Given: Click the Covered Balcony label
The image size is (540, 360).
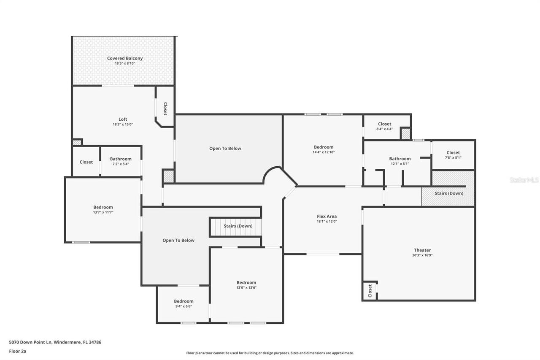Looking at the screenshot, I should (124, 58).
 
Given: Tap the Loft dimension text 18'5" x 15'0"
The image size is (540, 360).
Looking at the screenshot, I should (123, 125).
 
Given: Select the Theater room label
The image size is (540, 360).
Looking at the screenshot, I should (422, 250).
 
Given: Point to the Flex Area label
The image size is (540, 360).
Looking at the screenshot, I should (327, 217).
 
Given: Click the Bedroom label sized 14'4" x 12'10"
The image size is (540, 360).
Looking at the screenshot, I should (323, 147).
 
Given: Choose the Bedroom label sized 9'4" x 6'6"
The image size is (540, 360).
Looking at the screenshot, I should (184, 301).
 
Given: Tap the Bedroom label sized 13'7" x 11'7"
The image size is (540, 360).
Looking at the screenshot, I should (103, 207).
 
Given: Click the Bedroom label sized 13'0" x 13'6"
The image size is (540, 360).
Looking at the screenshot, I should (246, 283).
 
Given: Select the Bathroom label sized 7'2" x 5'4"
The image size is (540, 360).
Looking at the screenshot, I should (121, 159).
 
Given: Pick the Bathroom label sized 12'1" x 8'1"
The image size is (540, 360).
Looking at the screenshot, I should (400, 159).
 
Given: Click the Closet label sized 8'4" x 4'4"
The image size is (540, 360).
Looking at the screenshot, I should (384, 124).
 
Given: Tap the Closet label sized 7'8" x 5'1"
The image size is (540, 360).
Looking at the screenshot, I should (453, 153).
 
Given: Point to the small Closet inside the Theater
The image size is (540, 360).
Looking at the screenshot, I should (370, 290).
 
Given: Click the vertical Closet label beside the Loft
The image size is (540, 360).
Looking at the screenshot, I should (165, 108).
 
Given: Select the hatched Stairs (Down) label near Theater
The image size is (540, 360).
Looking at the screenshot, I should (449, 193).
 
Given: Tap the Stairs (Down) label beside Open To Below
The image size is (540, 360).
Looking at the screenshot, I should (238, 226).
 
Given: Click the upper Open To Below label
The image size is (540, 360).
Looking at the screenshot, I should (225, 149).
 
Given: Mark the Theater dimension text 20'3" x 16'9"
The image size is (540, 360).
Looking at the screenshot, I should (422, 255).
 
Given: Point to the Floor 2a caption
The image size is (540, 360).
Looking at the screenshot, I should (17, 351).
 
